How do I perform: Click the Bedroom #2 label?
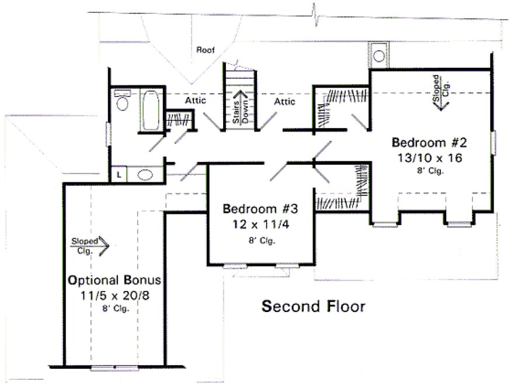(x=429, y=142)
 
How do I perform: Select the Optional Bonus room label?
(x=114, y=280)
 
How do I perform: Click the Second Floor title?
(x=312, y=306)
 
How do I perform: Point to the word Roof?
(x=205, y=51)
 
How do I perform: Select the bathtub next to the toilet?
(x=150, y=109)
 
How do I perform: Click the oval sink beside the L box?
(x=144, y=175)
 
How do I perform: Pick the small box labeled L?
(x=119, y=175)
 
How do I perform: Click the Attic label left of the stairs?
(x=195, y=101)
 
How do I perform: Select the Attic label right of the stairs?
(x=284, y=102)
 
